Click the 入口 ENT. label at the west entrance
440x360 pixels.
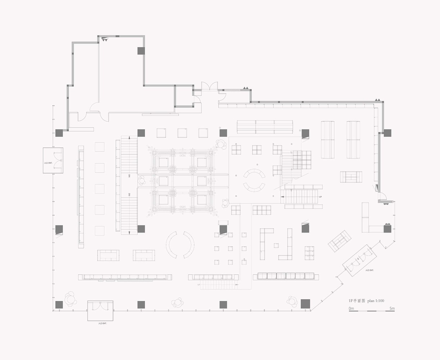click(48, 163)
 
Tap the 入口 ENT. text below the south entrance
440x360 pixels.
click(102, 324)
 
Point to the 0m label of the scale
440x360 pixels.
click(351, 309)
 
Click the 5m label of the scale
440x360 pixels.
click(392, 309)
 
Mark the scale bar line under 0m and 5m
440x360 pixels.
click(372, 311)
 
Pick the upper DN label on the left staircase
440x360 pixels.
click(128, 176)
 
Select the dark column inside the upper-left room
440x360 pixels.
click(141, 51)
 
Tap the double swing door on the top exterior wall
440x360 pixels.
click(209, 86)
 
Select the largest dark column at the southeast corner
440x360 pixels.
click(305, 304)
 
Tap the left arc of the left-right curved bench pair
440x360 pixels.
click(171, 245)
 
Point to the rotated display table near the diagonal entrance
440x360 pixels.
click(339, 241)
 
